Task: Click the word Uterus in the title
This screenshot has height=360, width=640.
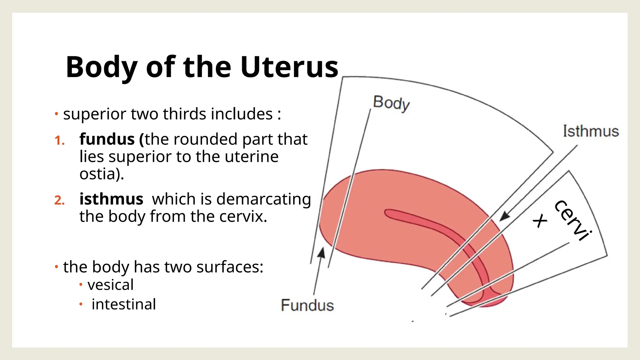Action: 289,67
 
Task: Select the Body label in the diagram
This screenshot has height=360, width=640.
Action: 391,103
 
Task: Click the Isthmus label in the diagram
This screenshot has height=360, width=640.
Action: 591,131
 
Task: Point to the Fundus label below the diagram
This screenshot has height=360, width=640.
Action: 307,305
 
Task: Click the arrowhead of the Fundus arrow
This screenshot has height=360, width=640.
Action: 321,252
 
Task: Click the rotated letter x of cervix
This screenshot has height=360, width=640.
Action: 540,221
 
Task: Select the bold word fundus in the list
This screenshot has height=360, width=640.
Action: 107,139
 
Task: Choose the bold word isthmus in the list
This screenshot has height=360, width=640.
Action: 111,199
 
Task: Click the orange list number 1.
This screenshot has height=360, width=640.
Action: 59,141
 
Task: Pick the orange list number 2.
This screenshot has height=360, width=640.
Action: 59,200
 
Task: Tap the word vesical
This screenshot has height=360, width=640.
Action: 111,285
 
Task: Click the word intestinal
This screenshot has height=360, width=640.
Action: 124,304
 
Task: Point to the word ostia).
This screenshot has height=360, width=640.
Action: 102,174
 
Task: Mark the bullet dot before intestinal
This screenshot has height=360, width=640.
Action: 81,304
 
